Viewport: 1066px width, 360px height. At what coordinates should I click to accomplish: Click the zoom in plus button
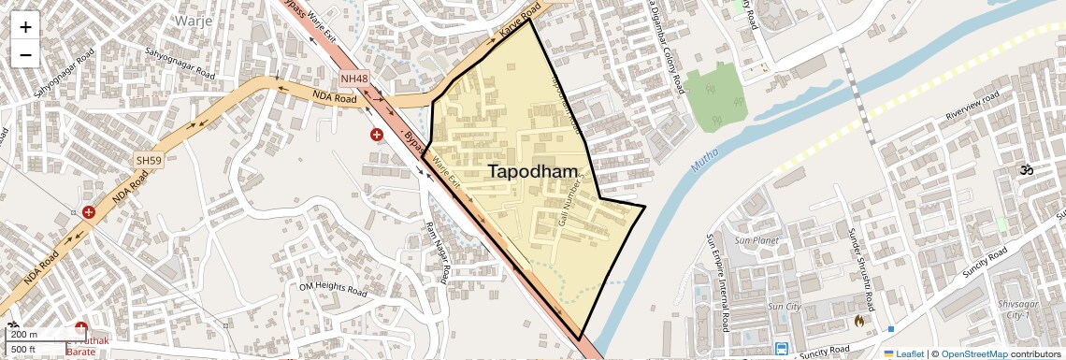[x=25, y=27]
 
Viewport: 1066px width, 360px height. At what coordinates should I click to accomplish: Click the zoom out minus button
[x=25, y=55]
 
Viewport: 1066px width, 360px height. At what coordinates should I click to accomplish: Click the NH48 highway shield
[x=354, y=79]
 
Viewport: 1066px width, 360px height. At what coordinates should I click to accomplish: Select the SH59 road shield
[x=149, y=161]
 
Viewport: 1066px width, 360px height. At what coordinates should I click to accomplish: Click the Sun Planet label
[x=756, y=240]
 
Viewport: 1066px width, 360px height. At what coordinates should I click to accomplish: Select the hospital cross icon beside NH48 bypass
[x=376, y=135]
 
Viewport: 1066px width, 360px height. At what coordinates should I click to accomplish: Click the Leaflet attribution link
[x=903, y=353]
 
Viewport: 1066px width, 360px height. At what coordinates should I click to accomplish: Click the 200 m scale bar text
[x=24, y=334]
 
